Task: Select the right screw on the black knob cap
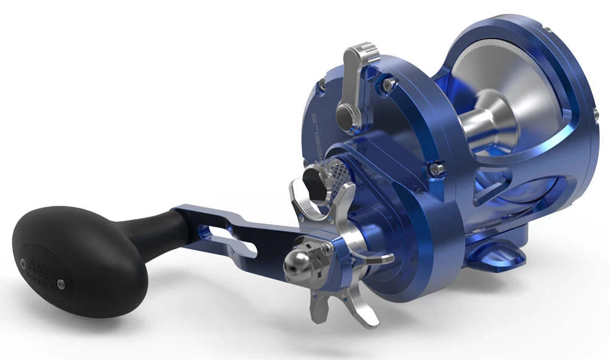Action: (x=60, y=282)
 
